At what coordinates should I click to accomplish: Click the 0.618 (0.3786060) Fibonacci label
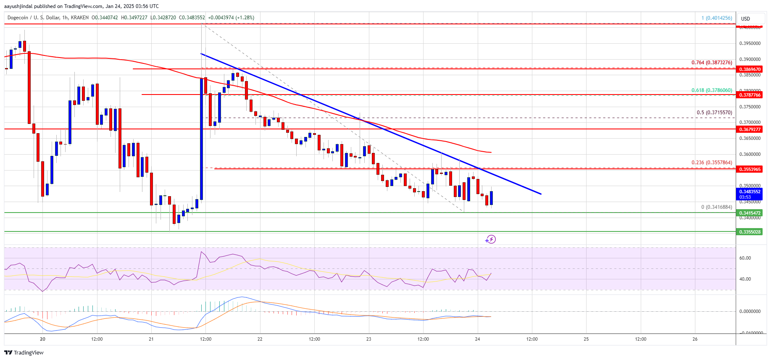711,90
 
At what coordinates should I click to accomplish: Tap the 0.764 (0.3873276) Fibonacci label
711,63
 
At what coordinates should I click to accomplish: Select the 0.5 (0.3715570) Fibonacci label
714,113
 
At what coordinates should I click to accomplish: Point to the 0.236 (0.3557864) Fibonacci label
711,163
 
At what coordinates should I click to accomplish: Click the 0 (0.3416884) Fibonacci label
716,207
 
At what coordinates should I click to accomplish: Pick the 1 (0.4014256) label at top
716,18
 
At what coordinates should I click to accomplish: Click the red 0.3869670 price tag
750,69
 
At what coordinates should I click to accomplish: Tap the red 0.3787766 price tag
750,95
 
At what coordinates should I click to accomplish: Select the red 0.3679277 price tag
750,129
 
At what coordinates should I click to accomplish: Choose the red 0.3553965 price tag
750,169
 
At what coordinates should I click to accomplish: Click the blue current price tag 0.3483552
750,192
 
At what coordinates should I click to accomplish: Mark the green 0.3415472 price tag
750,213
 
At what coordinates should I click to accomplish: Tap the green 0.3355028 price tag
750,232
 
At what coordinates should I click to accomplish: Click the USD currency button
745,19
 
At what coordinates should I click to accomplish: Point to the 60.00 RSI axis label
745,258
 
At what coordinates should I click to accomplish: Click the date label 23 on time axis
368,339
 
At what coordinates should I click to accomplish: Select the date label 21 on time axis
151,339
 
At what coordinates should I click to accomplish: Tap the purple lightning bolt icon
490,239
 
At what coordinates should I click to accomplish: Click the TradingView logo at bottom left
24,352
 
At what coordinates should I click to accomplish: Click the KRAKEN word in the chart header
79,18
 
